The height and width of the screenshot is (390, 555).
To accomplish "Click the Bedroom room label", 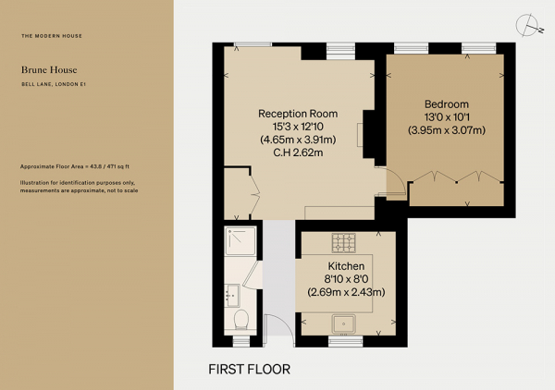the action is pos(447,104).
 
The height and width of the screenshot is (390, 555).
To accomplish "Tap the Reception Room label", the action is pos(298,114).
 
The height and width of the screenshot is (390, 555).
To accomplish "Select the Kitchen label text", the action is pos(346,266).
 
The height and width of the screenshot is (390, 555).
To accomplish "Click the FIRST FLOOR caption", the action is pos(249,369).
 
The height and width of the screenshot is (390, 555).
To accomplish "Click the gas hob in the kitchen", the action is pos(344,243).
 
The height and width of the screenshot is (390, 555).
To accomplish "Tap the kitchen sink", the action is pos(343,323).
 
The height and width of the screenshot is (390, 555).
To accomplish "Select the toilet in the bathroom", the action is pos(241,319).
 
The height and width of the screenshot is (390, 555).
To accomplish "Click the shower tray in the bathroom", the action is pos(240,241).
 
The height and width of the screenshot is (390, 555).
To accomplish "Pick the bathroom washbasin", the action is pos(232,296).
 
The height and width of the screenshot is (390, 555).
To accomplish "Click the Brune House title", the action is pos(49,70).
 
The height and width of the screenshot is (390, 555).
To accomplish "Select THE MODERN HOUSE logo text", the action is pos(52,36).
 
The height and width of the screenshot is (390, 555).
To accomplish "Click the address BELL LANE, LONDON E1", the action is pos(54,84).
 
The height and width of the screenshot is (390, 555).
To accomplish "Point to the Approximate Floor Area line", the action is pos(75,166).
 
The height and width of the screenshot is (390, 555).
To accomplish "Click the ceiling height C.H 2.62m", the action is pos(298,153).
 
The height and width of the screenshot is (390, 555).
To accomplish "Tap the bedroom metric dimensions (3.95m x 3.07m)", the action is pos(447,130).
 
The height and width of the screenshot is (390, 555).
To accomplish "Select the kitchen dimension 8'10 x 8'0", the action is pos(346,279).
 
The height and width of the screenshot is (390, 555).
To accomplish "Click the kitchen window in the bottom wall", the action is pos(345,341).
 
